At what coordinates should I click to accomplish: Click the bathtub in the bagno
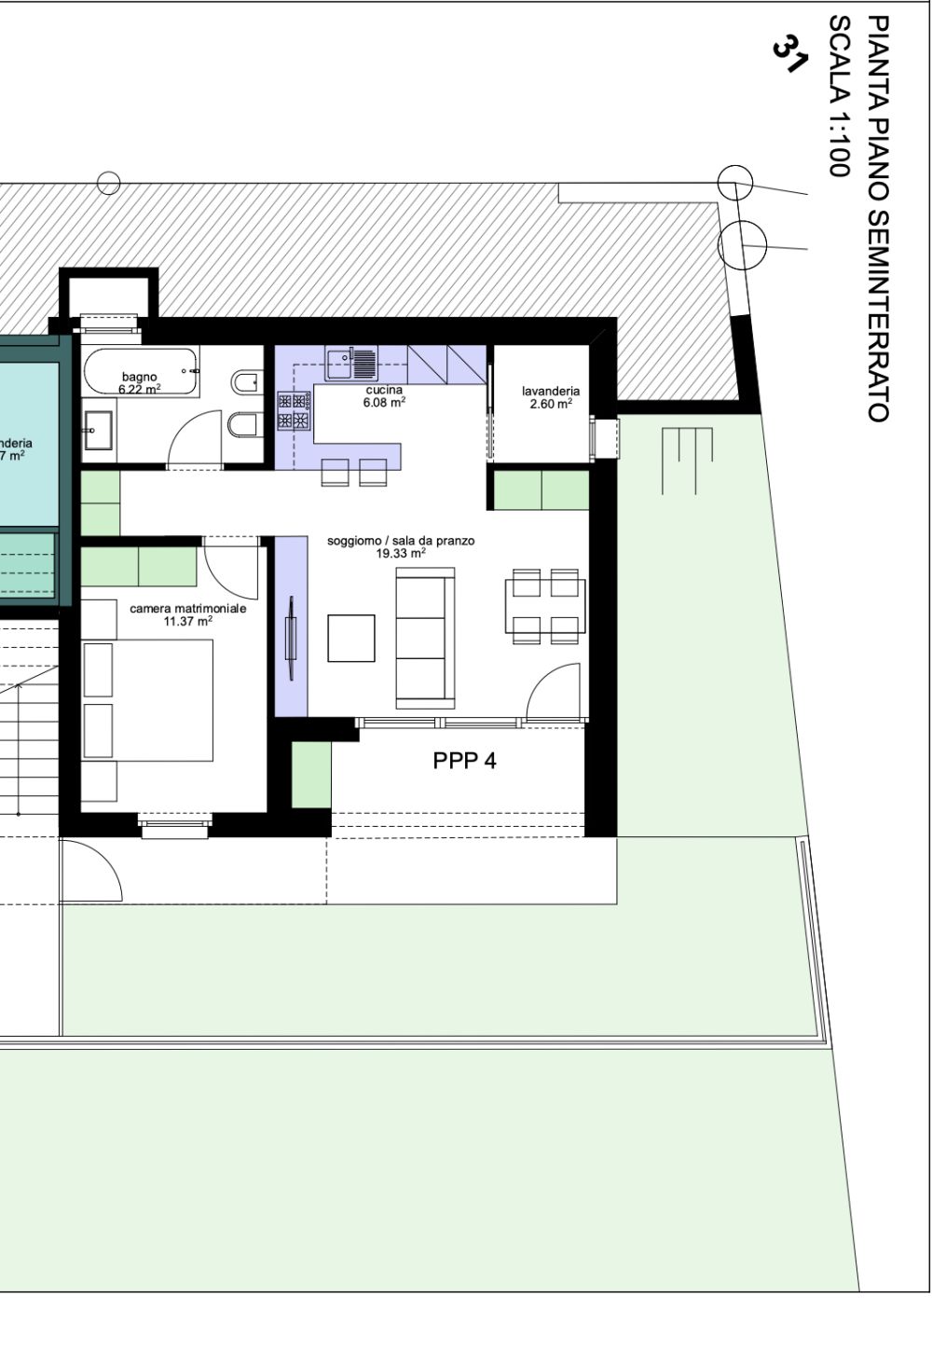pyautogui.click(x=140, y=370)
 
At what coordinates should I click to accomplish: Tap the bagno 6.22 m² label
pyautogui.click(x=139, y=383)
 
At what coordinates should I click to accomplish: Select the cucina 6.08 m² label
pyautogui.click(x=384, y=396)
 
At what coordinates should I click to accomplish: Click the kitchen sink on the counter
pyautogui.click(x=351, y=363)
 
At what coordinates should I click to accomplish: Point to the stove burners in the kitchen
pyautogui.click(x=294, y=411)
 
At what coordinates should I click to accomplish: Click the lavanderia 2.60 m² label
pyautogui.click(x=551, y=397)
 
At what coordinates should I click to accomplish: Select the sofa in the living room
pyautogui.click(x=426, y=639)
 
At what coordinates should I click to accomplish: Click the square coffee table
pyautogui.click(x=351, y=638)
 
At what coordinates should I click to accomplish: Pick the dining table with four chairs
pyautogui.click(x=545, y=607)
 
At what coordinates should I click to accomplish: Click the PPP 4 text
pyautogui.click(x=464, y=761)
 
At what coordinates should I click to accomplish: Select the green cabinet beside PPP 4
pyautogui.click(x=311, y=775)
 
